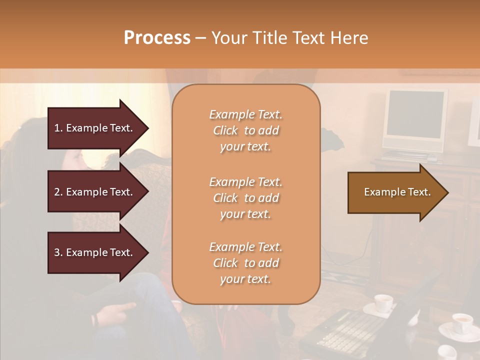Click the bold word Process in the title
point(157,38)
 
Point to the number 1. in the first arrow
point(58,128)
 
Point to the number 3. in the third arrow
point(58,252)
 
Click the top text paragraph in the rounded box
point(245,130)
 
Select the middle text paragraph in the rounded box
point(245,198)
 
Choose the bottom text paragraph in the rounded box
point(245,263)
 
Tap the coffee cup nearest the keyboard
point(383,303)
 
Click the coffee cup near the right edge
point(461,323)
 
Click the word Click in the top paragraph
point(225,130)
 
